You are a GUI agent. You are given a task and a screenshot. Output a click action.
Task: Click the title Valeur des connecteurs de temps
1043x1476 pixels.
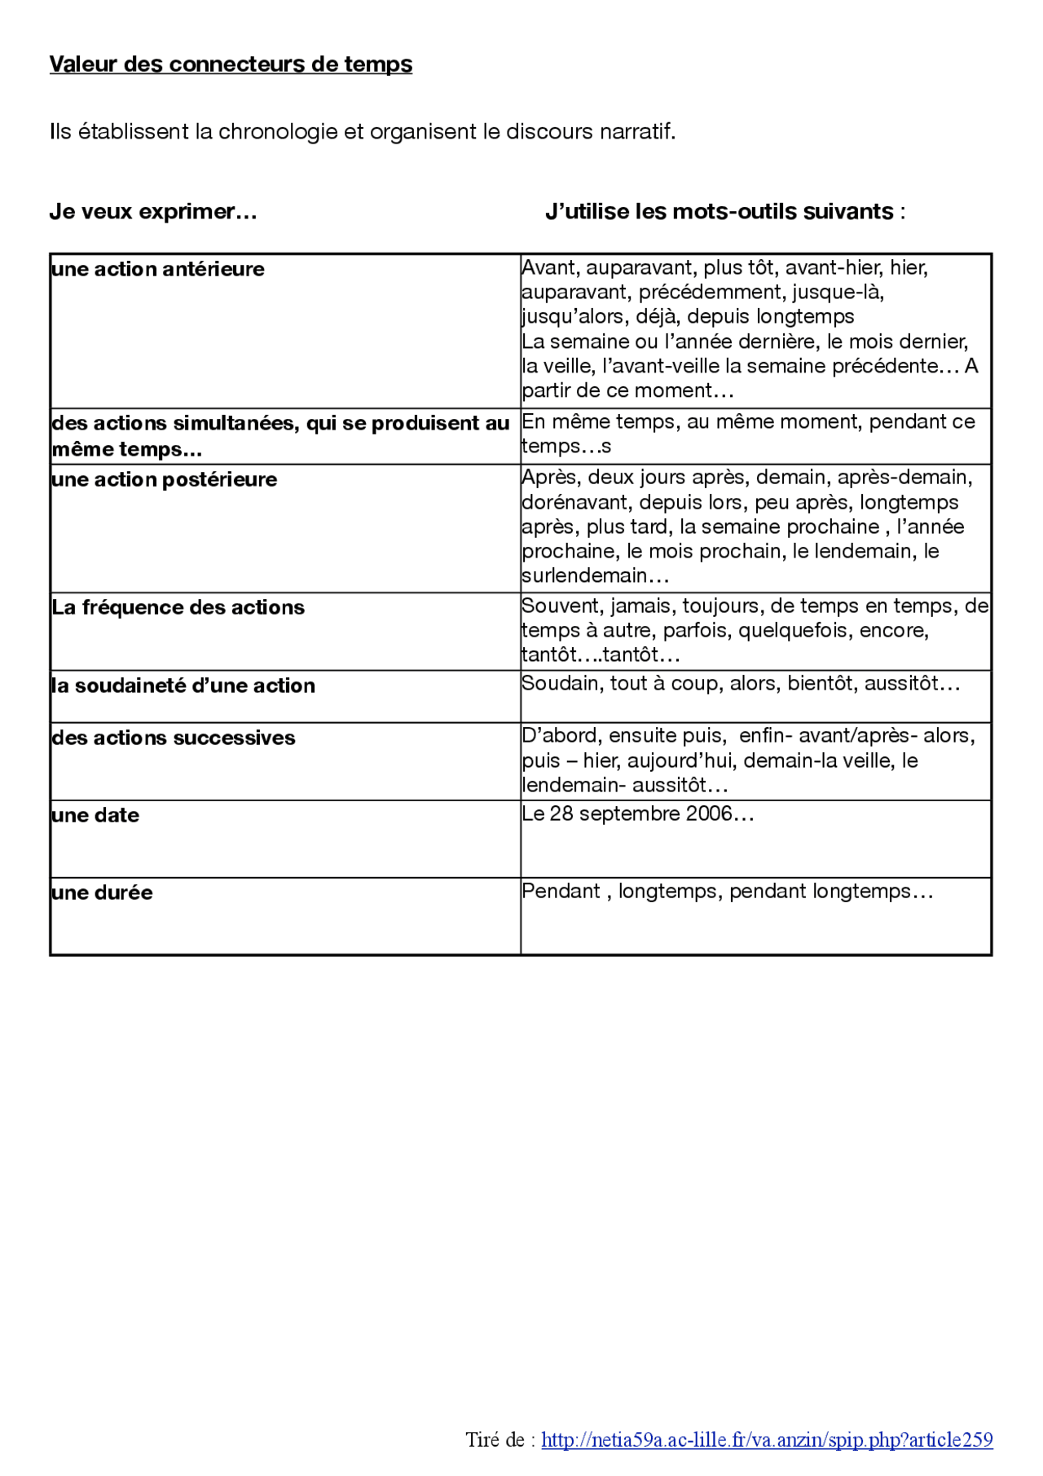click(231, 64)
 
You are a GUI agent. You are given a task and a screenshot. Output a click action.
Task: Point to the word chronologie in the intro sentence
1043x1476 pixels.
click(278, 131)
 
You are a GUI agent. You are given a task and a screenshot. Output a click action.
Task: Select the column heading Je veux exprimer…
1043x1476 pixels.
click(153, 212)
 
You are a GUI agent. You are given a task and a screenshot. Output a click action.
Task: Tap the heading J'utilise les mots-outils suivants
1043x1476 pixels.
click(724, 212)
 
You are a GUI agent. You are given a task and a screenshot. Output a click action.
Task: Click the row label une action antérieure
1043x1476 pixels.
click(158, 269)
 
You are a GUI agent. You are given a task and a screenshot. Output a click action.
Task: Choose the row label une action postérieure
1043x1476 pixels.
click(164, 479)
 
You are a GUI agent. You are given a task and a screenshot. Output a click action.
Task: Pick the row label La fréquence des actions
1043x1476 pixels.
click(178, 607)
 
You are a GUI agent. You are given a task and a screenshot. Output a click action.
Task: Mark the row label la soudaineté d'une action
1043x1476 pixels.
click(183, 685)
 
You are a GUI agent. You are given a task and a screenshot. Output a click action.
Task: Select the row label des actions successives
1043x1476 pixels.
click(173, 738)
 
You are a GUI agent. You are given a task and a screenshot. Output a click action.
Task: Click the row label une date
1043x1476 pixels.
click(95, 815)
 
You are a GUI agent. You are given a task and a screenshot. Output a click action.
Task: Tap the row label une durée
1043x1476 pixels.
click(102, 892)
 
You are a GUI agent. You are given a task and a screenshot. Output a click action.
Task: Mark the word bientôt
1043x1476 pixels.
click(821, 683)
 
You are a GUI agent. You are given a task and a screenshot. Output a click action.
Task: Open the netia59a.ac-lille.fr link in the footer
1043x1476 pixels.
click(767, 1439)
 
